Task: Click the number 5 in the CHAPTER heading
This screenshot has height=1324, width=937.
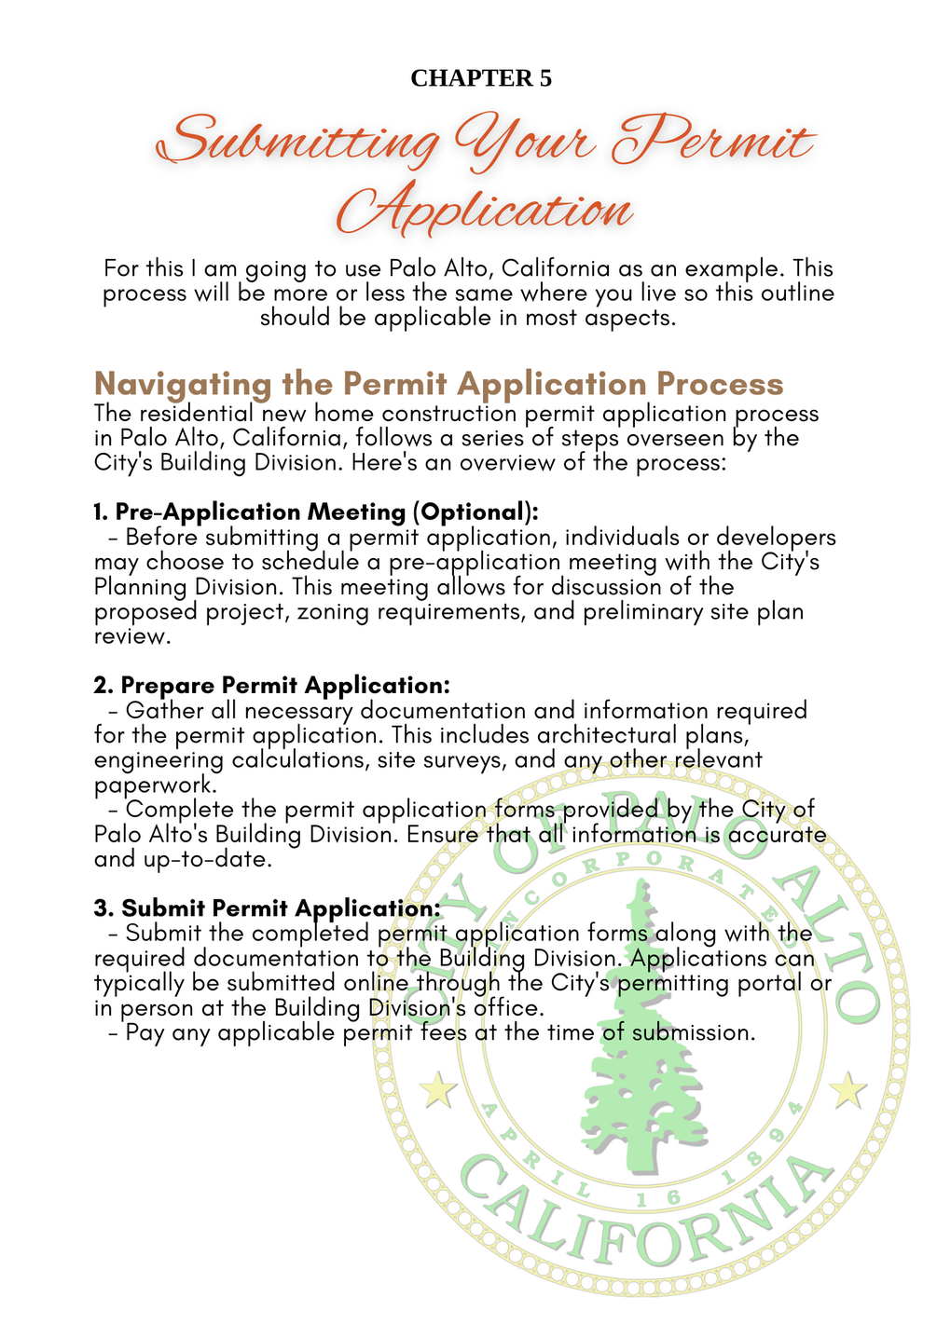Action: pyautogui.click(x=544, y=78)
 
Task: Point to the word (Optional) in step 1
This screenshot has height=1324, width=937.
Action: pyautogui.click(x=475, y=512)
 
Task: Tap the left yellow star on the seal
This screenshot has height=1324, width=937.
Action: pyautogui.click(x=436, y=1089)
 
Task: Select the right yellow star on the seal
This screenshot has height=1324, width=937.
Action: pyautogui.click(x=847, y=1089)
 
